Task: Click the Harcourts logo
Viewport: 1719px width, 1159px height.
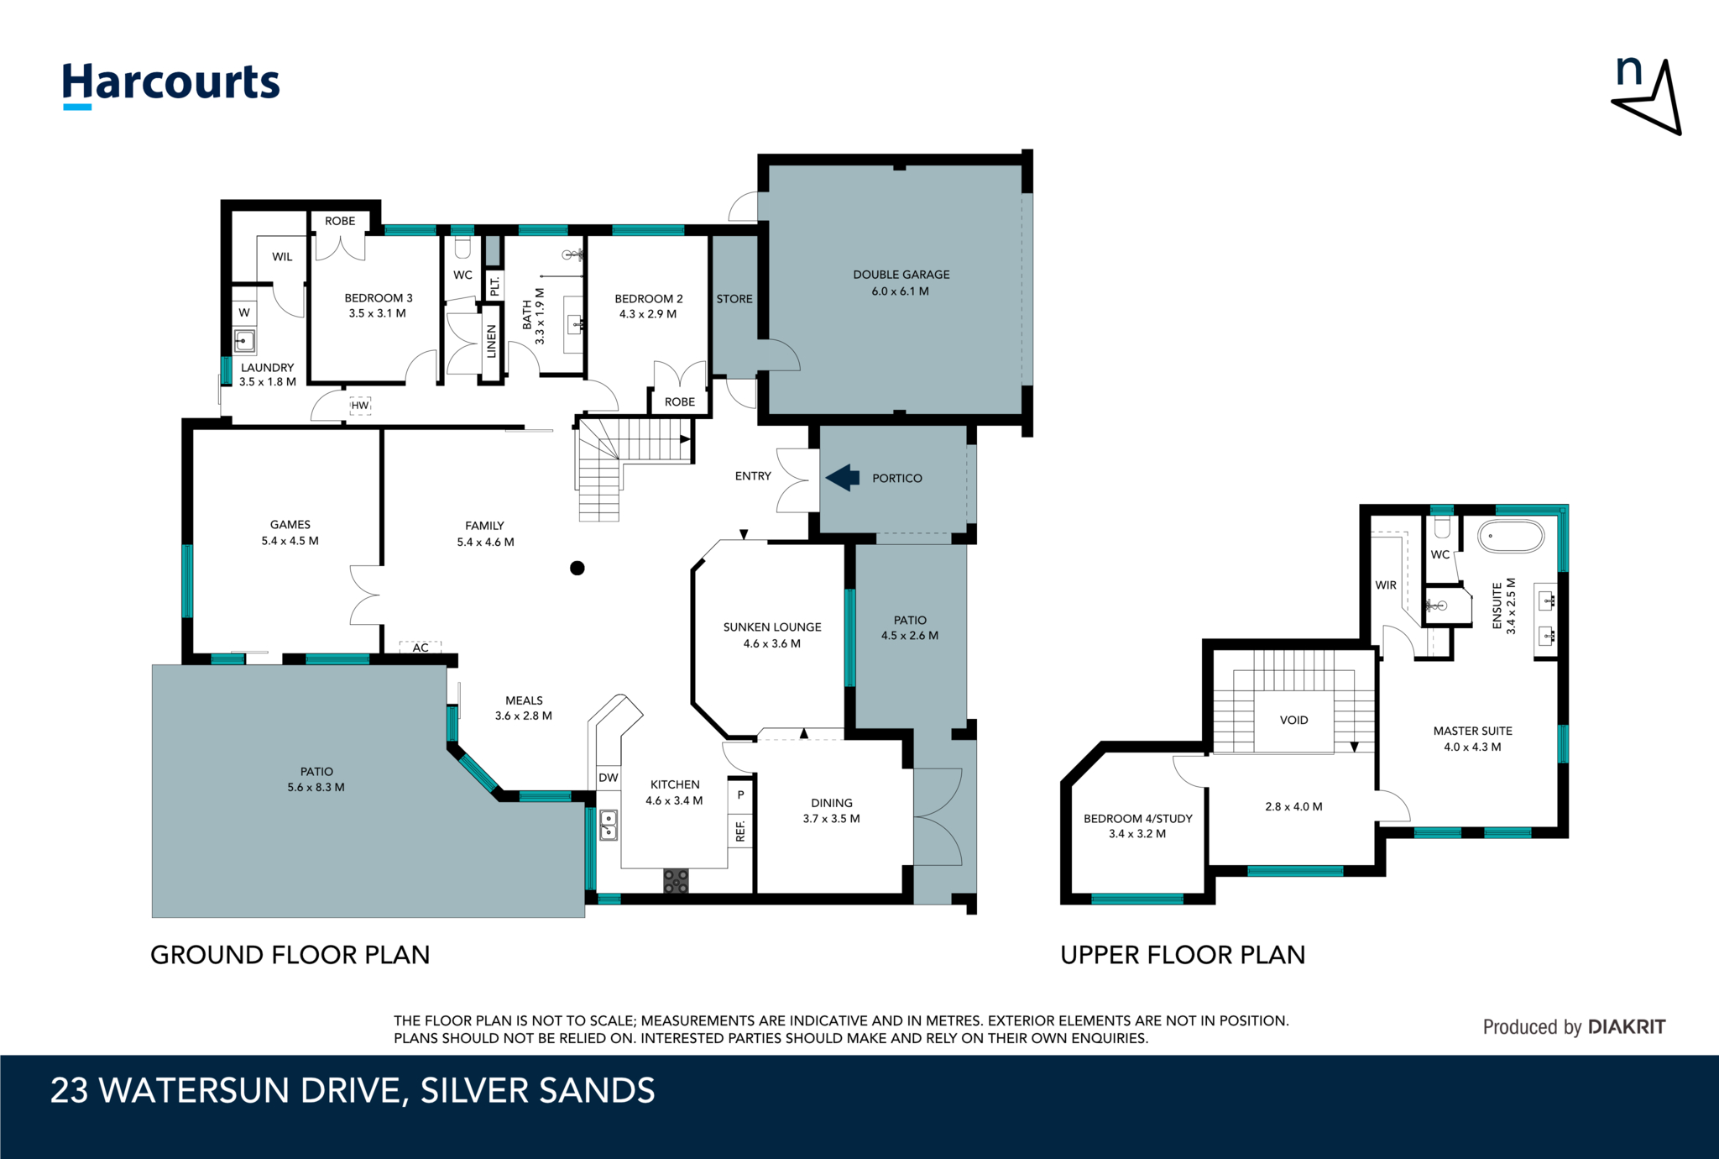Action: pyautogui.click(x=171, y=84)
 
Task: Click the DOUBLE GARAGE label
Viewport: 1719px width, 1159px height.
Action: pyautogui.click(x=901, y=275)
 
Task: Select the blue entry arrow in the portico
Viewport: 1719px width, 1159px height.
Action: pyautogui.click(x=843, y=478)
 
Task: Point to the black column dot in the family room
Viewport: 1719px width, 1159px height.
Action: pyautogui.click(x=577, y=569)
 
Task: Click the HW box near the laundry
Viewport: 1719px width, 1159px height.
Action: pyautogui.click(x=360, y=406)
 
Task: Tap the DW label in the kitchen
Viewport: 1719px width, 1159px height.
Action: pyautogui.click(x=609, y=778)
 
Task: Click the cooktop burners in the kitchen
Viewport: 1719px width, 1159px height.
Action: pyautogui.click(x=676, y=881)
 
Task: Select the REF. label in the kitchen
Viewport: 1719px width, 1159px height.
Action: pyautogui.click(x=740, y=831)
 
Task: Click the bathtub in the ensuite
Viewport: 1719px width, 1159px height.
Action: pyautogui.click(x=1510, y=537)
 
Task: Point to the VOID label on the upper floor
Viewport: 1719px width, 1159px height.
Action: pyautogui.click(x=1293, y=720)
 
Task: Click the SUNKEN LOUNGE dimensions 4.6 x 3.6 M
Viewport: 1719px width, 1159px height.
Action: pyautogui.click(x=771, y=643)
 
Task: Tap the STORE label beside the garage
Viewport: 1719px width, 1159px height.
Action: pyautogui.click(x=734, y=299)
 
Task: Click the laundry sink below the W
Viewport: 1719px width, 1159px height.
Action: pyautogui.click(x=244, y=341)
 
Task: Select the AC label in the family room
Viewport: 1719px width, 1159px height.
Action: pyautogui.click(x=421, y=648)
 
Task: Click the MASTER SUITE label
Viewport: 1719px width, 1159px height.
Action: pyautogui.click(x=1472, y=731)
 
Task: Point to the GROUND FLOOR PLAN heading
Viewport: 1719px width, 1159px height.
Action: pyautogui.click(x=290, y=955)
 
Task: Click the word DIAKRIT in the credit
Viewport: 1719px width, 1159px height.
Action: pyautogui.click(x=1627, y=1026)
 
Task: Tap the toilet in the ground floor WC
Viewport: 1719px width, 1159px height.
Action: pyautogui.click(x=462, y=247)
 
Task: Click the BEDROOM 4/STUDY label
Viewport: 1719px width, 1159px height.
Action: pyautogui.click(x=1137, y=818)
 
